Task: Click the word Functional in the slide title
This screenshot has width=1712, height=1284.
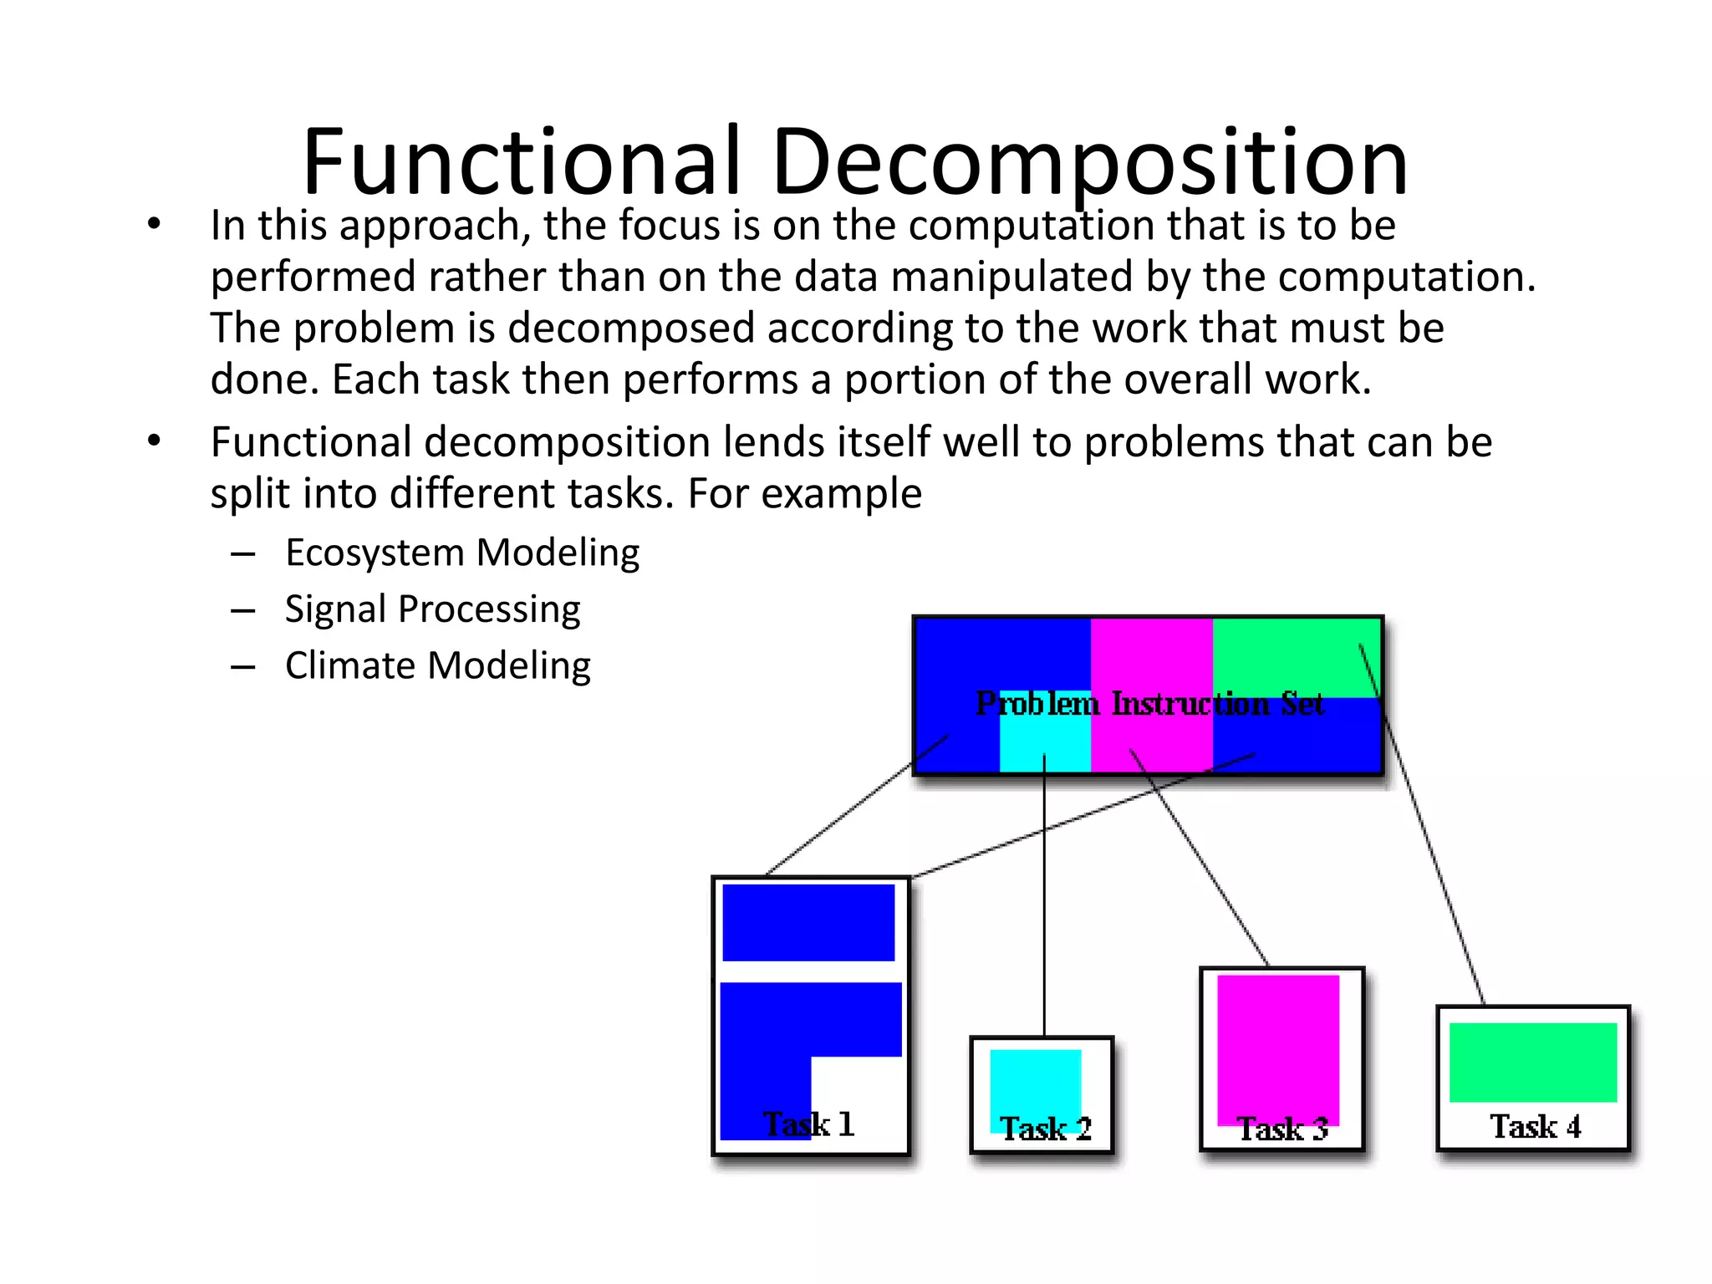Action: click(522, 160)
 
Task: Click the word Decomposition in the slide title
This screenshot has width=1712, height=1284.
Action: click(1090, 160)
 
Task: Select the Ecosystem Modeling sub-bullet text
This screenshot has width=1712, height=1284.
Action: click(462, 553)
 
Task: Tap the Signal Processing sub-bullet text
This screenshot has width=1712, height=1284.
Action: click(432, 609)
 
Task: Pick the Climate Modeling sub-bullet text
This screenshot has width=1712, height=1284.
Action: click(437, 665)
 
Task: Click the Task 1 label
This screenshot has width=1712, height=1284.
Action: click(808, 1124)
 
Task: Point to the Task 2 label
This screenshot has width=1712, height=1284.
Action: click(1046, 1129)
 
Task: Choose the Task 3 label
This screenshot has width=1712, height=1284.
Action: click(1282, 1129)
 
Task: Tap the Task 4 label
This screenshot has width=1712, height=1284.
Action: click(1536, 1126)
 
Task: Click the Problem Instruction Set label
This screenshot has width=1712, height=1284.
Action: click(1149, 704)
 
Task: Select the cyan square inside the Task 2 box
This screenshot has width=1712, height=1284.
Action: click(1035, 1083)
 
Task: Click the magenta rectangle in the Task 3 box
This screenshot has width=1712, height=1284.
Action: click(1278, 1045)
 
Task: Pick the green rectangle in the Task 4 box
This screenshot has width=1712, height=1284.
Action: click(1532, 1062)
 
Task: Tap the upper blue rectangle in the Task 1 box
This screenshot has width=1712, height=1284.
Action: click(808, 922)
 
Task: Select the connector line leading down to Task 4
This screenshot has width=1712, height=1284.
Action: click(1434, 869)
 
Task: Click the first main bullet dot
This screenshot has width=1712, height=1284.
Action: click(153, 224)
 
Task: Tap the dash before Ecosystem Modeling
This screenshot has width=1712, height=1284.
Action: click(243, 554)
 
